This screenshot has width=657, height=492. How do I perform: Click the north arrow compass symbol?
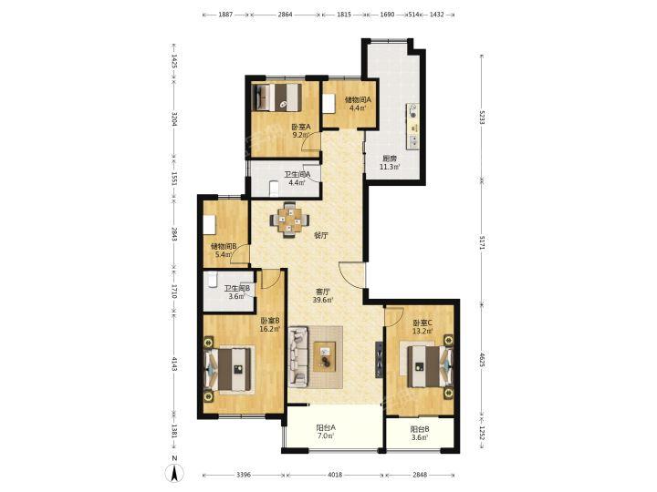[x=176, y=473]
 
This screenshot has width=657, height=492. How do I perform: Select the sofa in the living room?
[x=298, y=356]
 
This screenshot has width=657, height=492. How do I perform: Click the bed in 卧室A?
[x=278, y=97]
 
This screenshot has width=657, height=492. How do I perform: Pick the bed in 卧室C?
[x=427, y=366]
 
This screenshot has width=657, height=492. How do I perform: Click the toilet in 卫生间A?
[x=274, y=188]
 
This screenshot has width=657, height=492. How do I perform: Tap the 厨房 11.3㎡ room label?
[x=390, y=163]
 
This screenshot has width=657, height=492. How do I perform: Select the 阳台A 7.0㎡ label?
[x=326, y=432]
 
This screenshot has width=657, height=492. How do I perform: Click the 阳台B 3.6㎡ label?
[x=420, y=433]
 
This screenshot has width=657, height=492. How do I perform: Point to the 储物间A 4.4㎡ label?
[x=358, y=104]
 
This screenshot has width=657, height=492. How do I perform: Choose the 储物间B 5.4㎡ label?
[x=224, y=251]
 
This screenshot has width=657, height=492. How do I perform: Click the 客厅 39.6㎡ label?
[x=322, y=295]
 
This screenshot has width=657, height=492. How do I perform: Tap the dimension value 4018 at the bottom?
[x=335, y=475]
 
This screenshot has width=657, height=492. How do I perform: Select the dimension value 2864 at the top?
[x=285, y=15]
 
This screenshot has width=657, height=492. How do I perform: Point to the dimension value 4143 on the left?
[x=174, y=364]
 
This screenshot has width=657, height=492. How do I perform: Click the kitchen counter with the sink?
[x=412, y=127]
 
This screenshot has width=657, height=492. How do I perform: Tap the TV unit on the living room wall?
[x=379, y=360]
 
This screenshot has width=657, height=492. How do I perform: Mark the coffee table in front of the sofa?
[x=325, y=356]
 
